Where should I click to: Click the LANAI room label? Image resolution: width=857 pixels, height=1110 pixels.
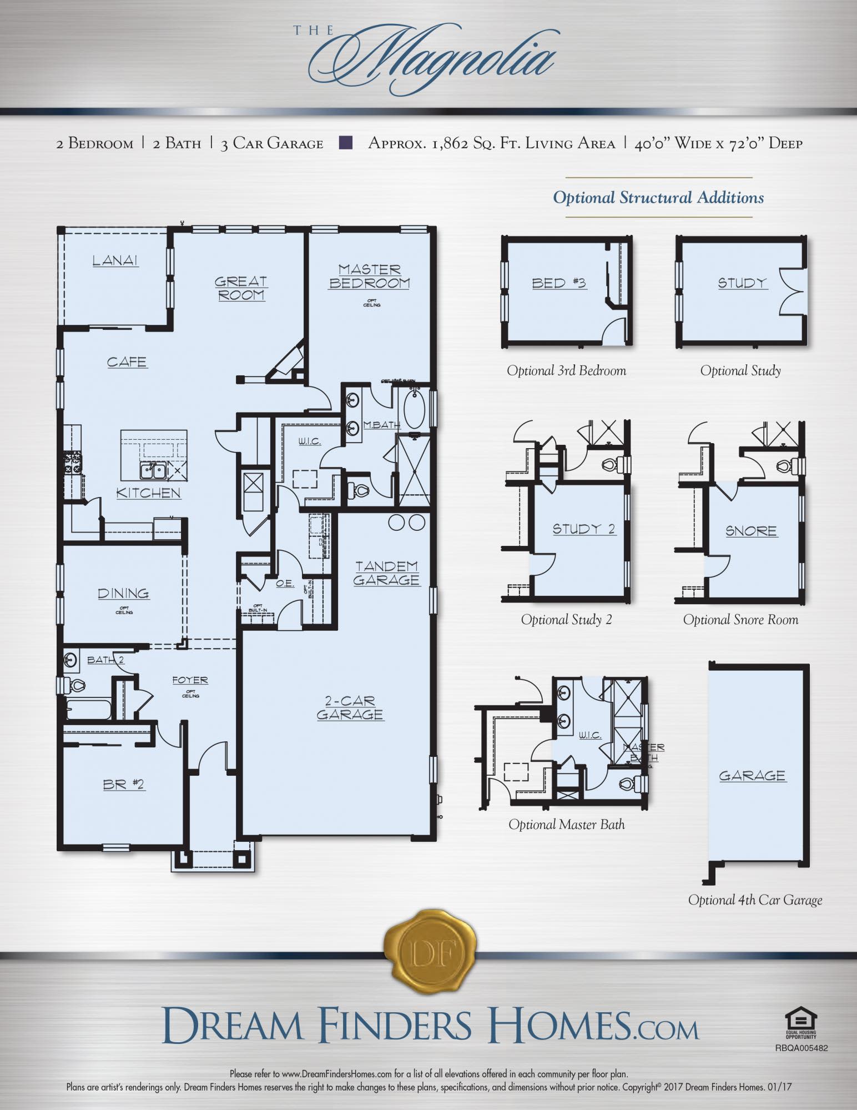coord(115,260)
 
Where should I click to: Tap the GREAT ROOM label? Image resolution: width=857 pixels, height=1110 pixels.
coord(241,288)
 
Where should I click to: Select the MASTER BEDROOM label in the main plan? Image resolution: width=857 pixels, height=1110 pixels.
coord(370,276)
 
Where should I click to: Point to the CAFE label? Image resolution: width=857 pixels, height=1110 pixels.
coord(127,362)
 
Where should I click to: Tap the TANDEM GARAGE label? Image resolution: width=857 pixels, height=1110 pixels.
coord(387,573)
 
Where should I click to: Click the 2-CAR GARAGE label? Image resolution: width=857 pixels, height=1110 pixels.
coord(350,708)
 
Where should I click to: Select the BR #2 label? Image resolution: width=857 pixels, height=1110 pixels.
coord(123,784)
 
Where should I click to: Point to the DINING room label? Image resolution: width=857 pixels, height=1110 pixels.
coord(123,593)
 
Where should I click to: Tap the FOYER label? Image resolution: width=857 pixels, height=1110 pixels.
coord(190,680)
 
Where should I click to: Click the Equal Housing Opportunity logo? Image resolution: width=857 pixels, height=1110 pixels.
coord(801,1023)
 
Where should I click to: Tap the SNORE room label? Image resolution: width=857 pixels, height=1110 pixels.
coord(751,531)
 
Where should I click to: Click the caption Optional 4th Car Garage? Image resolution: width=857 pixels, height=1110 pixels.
coord(755,900)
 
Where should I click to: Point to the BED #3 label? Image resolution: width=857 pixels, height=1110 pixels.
coord(559,283)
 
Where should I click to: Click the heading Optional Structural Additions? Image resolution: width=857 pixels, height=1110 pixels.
coord(658,198)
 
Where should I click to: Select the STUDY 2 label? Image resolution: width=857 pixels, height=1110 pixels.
coord(584,529)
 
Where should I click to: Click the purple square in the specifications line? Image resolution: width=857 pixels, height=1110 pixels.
coord(345,143)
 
